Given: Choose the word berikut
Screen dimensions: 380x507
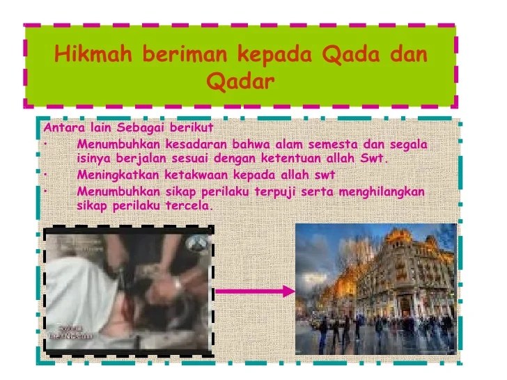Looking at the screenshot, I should (x=189, y=128).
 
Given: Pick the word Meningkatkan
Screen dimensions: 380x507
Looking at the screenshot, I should (x=116, y=174).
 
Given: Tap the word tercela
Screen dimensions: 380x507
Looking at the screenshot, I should (x=189, y=206).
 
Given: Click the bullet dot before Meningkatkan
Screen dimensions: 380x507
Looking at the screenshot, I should (x=44, y=175).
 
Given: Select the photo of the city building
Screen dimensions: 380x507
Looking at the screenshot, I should (x=375, y=288).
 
